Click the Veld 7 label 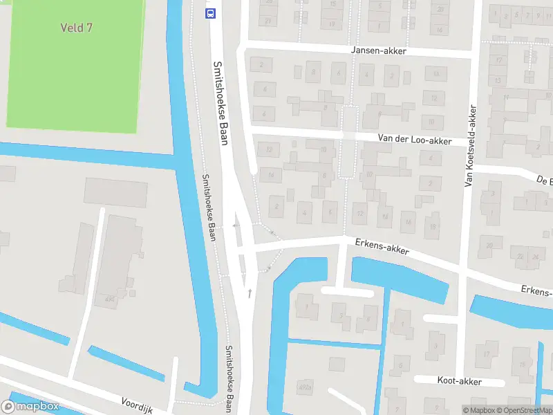point(76,28)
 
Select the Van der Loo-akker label point(414,140)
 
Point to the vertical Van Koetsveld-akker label point(469,147)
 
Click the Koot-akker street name point(459,381)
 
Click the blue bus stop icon point(210,12)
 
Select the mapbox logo point(30,407)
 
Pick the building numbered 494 point(109,299)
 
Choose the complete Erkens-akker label point(382,246)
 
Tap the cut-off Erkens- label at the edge point(536,291)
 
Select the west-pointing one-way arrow point(236,225)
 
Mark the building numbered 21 point(269,21)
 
